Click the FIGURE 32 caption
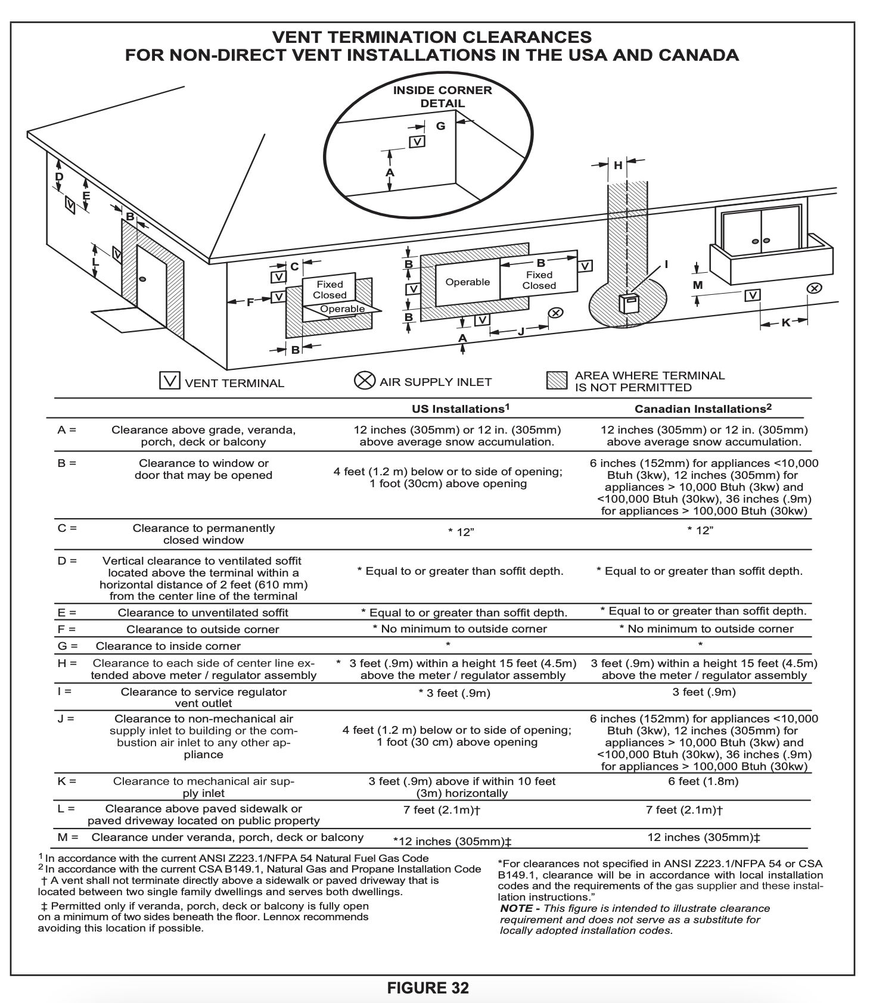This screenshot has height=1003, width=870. point(428,988)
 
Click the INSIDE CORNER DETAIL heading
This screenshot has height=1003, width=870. point(442,96)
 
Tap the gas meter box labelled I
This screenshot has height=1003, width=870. point(629,303)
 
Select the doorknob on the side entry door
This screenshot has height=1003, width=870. point(142,279)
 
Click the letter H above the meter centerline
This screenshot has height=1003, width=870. point(618,165)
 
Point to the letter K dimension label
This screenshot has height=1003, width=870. point(785,322)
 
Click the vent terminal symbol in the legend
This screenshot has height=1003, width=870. point(170,381)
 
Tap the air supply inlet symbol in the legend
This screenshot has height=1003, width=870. point(365,381)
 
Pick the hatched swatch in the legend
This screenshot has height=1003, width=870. point(557,381)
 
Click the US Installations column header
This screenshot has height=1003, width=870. point(461,409)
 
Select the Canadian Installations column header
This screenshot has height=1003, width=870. point(703,409)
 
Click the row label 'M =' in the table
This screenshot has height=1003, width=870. point(67,837)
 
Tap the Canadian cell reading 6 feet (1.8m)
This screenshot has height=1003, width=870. point(703,781)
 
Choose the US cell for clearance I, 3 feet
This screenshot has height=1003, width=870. point(454,693)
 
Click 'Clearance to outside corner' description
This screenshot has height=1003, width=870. point(203,629)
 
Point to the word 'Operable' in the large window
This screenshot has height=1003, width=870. point(467,282)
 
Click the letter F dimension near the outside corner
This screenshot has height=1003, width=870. point(250,302)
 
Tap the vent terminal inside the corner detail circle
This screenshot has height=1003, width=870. point(418,142)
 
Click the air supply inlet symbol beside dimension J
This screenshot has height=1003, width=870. point(555,313)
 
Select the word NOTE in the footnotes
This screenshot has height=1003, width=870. point(516,908)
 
